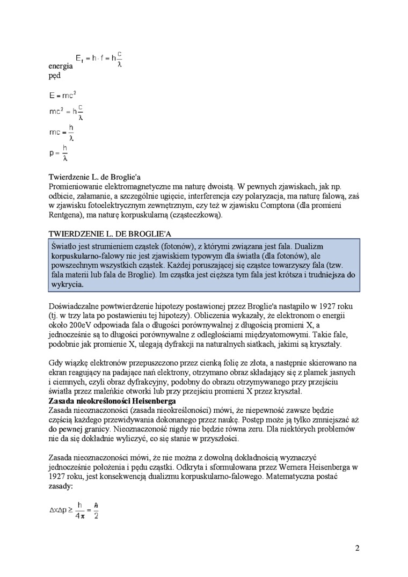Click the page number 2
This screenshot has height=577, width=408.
(357, 548)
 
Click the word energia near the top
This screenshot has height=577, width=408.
(61, 67)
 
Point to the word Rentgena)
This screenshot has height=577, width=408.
(68, 215)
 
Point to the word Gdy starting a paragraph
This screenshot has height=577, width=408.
(55, 363)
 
